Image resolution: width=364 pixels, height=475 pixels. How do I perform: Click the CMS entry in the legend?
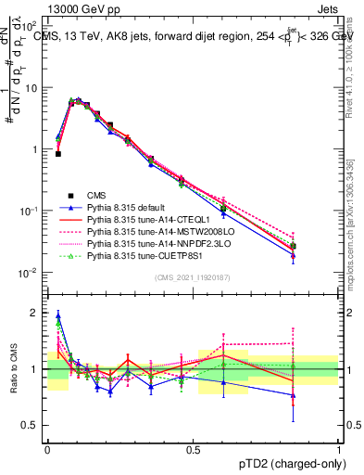(x=96, y=196)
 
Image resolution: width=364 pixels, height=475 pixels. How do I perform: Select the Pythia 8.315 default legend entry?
(x=130, y=210)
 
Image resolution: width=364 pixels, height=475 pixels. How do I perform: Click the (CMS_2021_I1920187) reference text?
(x=192, y=279)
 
